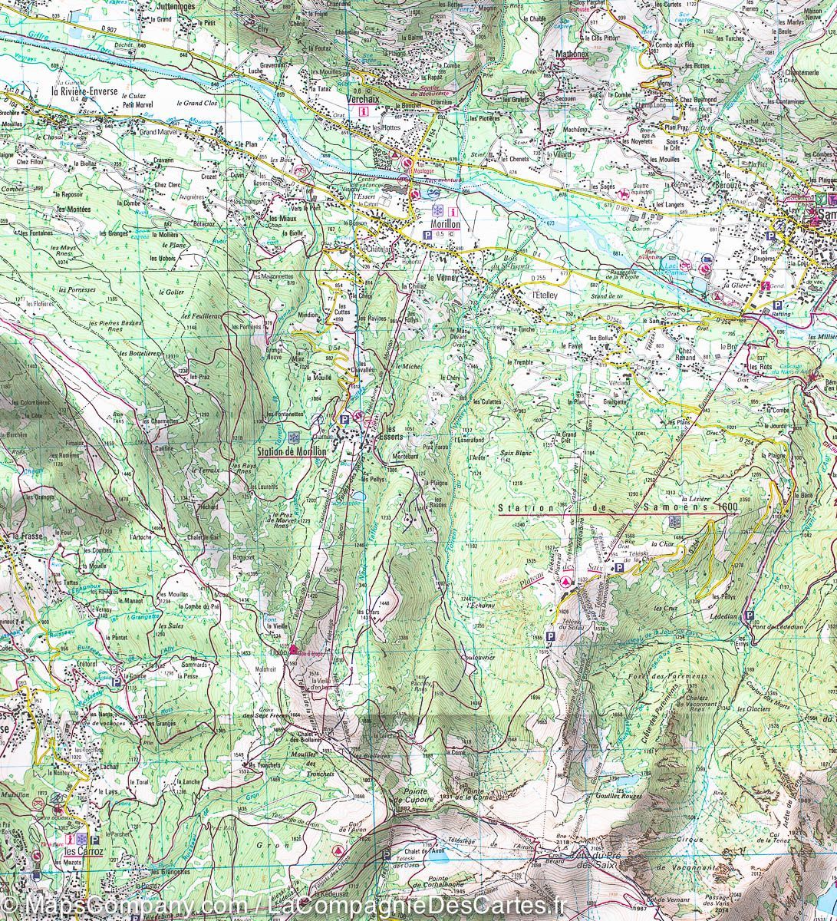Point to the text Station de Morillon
[x=292, y=452]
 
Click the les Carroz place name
[x=84, y=851]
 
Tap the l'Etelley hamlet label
[x=527, y=294]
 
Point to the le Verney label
[x=443, y=278]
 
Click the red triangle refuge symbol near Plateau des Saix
[x=568, y=582]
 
